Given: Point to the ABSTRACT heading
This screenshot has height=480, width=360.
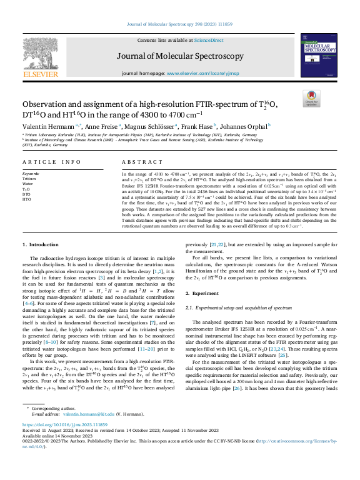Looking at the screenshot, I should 137,161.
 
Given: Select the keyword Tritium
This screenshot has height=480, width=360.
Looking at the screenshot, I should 29,179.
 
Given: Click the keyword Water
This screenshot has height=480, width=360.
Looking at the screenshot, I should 27,184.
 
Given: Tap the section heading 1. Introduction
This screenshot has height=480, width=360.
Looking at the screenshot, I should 41,226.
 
